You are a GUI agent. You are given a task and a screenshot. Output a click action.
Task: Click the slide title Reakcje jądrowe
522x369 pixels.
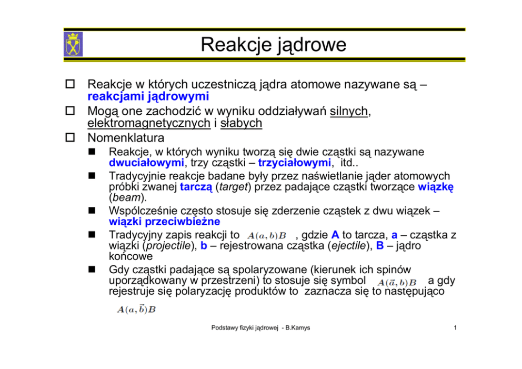(273, 45)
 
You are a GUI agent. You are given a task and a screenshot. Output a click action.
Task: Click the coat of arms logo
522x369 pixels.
(73, 44)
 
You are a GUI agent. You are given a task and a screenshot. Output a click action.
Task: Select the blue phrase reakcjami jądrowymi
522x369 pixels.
(148, 96)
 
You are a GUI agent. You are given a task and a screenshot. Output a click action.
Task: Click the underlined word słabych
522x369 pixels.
(241, 124)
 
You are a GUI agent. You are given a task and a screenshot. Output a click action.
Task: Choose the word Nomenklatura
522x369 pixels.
(126, 138)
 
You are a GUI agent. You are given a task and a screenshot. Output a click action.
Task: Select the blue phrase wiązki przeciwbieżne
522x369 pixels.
(164, 221)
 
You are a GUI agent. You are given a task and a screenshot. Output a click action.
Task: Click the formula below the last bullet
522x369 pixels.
(136, 310)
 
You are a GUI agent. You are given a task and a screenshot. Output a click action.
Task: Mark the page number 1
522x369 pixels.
(455, 328)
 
